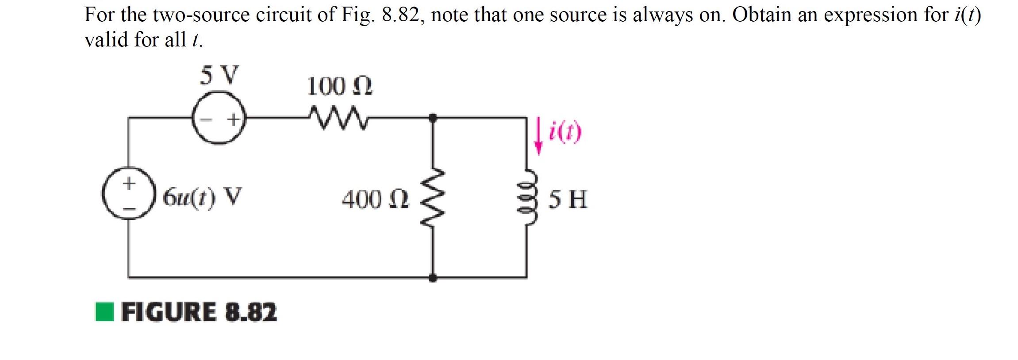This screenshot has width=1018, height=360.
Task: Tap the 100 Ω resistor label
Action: pyautogui.click(x=339, y=86)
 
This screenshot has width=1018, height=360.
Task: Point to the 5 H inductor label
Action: pyautogui.click(x=568, y=199)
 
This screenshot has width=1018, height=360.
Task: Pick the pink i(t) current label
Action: pyautogui.click(x=565, y=133)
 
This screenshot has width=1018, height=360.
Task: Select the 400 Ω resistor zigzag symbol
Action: pyautogui.click(x=433, y=198)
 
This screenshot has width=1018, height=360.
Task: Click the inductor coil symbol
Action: pyautogui.click(x=527, y=198)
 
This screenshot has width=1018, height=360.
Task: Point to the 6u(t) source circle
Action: pyautogui.click(x=129, y=193)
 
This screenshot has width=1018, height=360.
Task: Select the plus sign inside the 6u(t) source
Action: pyautogui.click(x=129, y=183)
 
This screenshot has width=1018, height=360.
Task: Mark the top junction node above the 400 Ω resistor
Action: pyautogui.click(x=433, y=117)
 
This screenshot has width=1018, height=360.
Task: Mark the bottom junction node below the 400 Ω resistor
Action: pyautogui.click(x=433, y=278)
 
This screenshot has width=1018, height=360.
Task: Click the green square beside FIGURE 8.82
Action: pyautogui.click(x=105, y=312)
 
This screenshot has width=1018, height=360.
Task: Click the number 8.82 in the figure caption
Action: pyautogui.click(x=251, y=312)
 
